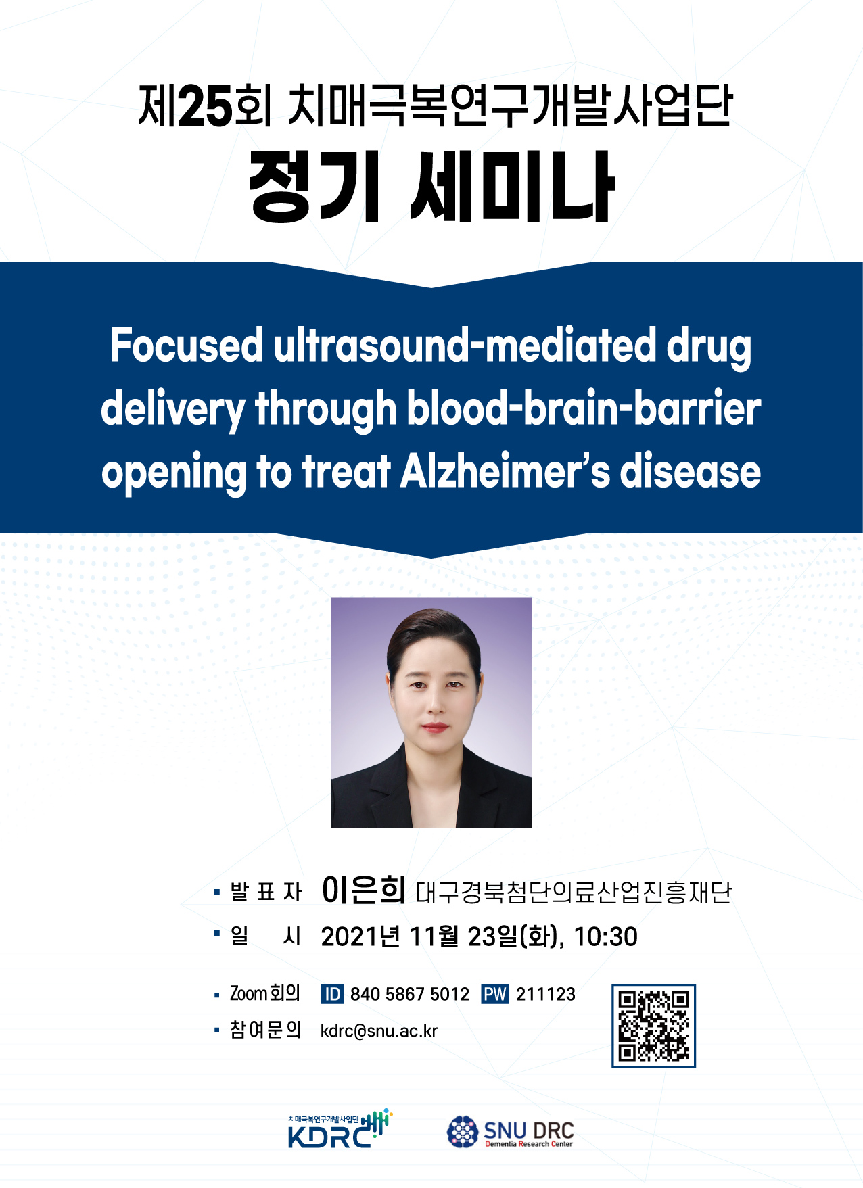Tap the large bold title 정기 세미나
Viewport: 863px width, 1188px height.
(431, 187)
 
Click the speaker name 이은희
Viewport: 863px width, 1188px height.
(364, 890)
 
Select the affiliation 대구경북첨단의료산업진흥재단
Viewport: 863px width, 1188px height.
(574, 893)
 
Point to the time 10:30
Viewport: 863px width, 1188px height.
(605, 937)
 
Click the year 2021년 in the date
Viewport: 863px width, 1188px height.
(360, 937)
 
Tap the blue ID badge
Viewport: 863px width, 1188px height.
(332, 994)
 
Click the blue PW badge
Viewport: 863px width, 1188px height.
(494, 994)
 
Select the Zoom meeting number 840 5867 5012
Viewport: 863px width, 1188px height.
(410, 994)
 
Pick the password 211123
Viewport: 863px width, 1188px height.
(546, 994)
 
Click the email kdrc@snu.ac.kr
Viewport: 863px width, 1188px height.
(379, 1031)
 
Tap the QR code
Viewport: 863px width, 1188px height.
(653, 1026)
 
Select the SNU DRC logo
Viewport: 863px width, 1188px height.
(510, 1132)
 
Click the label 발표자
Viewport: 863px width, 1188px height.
(266, 893)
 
